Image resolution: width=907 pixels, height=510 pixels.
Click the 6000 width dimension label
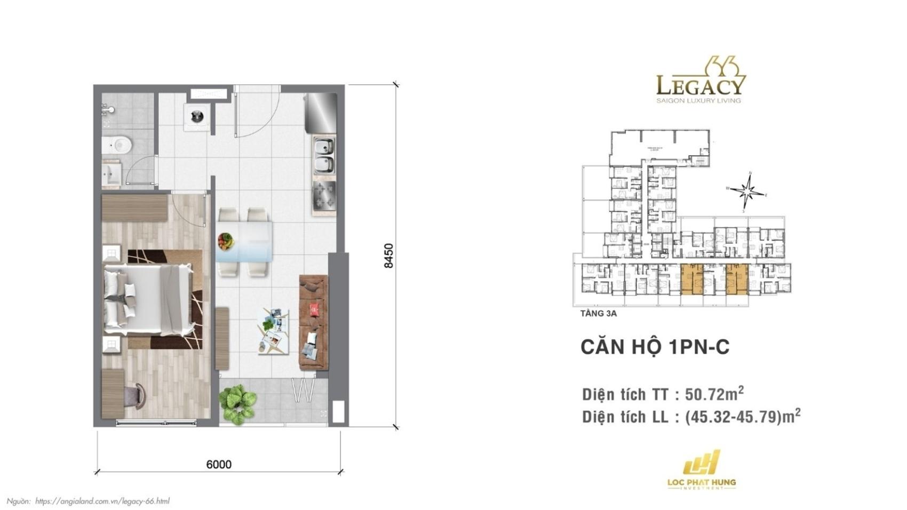(219, 464)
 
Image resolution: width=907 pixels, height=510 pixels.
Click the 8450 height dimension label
(388, 256)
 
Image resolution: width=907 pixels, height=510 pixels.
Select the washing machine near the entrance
(197, 116)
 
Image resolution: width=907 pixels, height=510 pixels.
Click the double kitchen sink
(324, 155)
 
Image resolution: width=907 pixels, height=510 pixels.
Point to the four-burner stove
(324, 195)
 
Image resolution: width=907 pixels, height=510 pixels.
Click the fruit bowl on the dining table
(226, 241)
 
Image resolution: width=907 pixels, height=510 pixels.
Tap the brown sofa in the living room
(313, 322)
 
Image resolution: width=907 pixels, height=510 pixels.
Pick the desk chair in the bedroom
(135, 396)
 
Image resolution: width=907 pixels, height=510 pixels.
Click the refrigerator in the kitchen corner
(321, 113)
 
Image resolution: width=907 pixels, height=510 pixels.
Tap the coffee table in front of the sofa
(274, 331)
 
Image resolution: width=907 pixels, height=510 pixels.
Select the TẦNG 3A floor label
(598, 314)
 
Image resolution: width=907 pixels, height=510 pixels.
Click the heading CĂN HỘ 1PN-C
(655, 347)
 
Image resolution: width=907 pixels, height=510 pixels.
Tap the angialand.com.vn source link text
(102, 501)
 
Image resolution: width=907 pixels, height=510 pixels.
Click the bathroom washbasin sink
(112, 173)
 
